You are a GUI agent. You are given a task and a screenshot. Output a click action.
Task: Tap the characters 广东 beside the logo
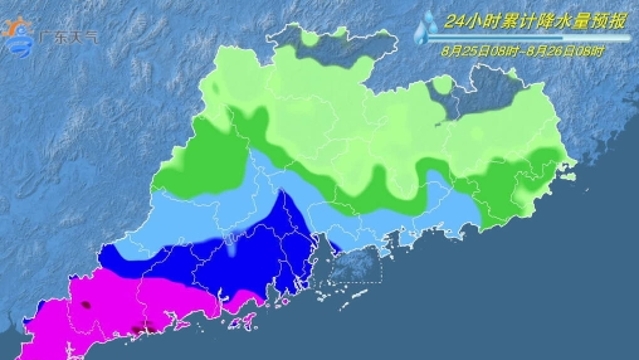49,37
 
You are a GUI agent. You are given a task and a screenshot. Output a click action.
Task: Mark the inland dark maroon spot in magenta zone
87,302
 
